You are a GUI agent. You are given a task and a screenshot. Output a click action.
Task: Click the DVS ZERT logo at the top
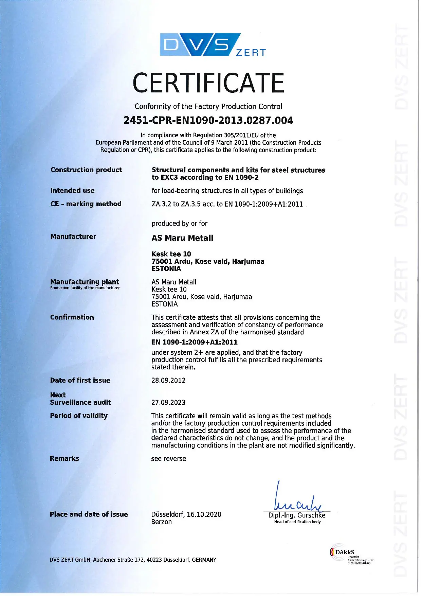213,45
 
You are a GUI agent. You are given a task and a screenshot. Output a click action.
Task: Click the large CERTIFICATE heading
208,83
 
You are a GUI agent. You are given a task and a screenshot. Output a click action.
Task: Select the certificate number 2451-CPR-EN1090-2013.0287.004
208,121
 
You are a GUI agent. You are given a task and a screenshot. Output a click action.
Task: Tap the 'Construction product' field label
86,170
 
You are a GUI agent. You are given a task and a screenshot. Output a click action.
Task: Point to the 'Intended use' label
73,191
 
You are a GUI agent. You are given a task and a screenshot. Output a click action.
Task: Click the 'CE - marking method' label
86,204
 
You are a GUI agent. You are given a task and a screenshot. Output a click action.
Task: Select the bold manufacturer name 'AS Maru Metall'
182,238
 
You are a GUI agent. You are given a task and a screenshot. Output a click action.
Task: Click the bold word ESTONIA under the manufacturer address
166,269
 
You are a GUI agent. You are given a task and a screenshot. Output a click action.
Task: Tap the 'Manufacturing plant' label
85,282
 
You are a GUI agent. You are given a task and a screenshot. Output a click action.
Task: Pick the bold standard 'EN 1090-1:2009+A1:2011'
195,342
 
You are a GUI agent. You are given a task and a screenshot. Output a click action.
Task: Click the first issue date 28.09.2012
168,381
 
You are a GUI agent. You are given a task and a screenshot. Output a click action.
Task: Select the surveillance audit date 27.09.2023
168,403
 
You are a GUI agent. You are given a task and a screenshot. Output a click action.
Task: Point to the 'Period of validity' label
79,416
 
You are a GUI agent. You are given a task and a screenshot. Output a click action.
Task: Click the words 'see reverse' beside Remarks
169,459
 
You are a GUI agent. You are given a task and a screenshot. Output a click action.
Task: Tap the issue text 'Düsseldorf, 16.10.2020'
186,514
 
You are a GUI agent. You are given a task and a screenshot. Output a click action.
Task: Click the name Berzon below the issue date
162,522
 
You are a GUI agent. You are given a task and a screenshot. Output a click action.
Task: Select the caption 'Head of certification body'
297,522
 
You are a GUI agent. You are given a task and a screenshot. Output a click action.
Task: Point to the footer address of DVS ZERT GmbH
133,560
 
